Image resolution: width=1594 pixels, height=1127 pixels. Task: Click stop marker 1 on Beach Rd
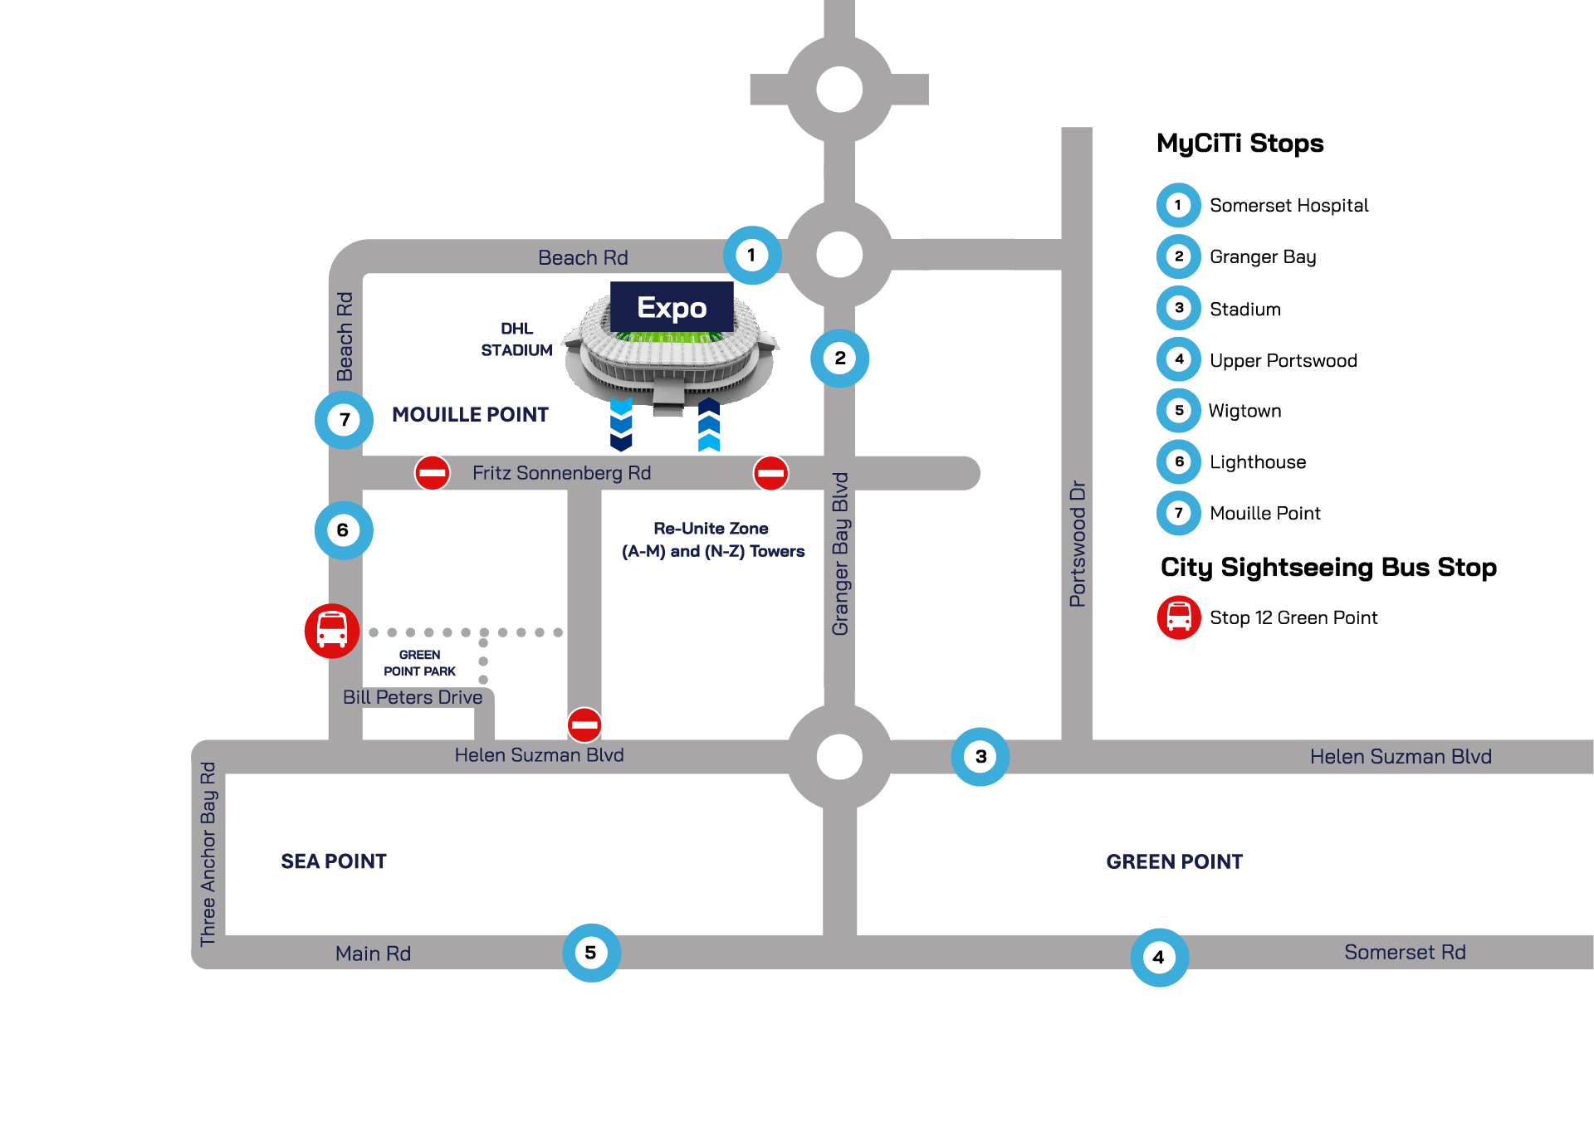[751, 256]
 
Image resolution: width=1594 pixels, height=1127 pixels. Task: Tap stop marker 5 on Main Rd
[591, 953]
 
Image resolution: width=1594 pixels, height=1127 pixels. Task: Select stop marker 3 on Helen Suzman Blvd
[980, 757]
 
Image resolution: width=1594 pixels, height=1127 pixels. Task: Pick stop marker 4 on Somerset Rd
[1159, 957]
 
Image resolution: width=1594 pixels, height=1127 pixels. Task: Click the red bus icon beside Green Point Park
[332, 631]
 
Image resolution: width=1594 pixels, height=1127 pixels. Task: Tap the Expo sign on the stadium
[672, 307]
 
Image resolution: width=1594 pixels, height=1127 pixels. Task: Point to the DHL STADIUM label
[516, 339]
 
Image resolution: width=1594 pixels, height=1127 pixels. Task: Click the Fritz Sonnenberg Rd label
[561, 473]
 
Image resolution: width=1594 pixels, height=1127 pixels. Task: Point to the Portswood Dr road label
[1078, 544]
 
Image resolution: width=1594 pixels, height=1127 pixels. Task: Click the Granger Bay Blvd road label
[840, 554]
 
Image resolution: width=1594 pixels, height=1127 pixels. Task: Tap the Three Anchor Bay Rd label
[208, 854]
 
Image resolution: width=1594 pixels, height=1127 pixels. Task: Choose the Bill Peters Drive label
[413, 697]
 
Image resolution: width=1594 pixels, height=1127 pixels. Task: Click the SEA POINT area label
[334, 861]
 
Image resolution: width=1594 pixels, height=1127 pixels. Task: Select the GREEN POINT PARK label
[419, 663]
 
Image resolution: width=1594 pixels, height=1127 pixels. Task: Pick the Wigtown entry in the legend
[1244, 411]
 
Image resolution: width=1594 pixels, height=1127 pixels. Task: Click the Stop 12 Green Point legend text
[1293, 617]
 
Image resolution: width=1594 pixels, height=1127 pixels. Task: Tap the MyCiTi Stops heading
[1240, 143]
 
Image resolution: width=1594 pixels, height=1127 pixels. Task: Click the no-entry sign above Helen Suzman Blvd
[584, 724]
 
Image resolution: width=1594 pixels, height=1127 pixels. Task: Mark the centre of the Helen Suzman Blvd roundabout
[839, 757]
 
